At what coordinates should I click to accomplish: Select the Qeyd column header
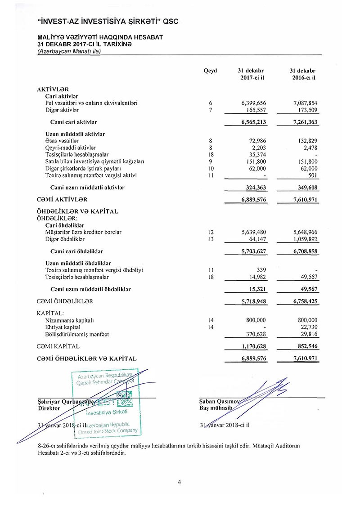coord(210,71)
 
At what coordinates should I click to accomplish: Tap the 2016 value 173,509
coord(305,110)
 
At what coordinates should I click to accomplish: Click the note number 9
coord(210,161)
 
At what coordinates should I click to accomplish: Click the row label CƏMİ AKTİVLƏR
coord(62,199)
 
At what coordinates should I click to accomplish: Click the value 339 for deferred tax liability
coord(261,270)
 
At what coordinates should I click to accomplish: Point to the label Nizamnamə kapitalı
coord(66,320)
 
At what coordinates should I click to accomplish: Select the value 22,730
coord(308,327)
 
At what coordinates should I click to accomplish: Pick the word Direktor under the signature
coord(49,408)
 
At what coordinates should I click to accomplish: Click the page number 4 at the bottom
coord(180,483)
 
